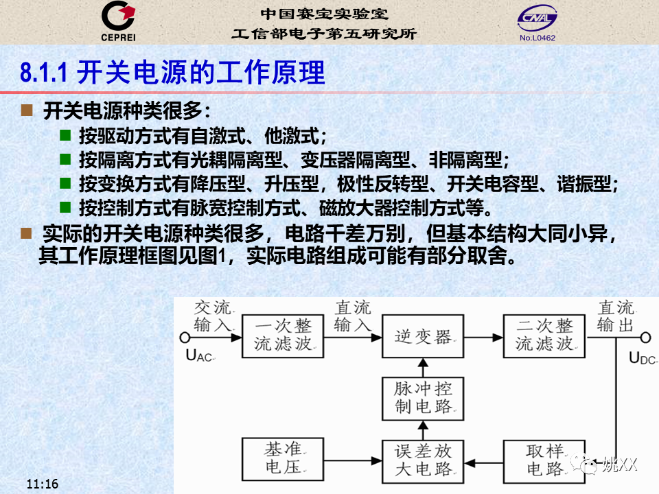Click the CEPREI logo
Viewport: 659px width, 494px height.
coord(118,21)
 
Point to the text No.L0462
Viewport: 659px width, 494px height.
coord(537,38)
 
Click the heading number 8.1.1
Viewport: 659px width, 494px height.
coord(44,72)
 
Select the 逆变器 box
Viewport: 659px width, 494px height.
coord(423,336)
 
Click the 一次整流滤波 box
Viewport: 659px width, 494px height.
coord(283,336)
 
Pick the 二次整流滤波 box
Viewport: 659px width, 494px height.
coord(544,336)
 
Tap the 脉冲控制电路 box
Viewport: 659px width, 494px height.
coord(423,399)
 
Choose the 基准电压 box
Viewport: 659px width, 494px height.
coord(283,459)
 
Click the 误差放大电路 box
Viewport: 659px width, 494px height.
coord(423,462)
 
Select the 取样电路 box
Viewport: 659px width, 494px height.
coord(544,462)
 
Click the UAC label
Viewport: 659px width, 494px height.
coord(200,356)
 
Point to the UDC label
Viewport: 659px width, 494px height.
coord(643,358)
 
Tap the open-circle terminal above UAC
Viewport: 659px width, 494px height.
coord(185,338)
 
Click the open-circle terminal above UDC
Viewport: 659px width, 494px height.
coord(645,338)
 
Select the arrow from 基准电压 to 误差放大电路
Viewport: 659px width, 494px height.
coord(353,461)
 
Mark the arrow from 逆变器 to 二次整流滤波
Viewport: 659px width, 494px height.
coord(483,338)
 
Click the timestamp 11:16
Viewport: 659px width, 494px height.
coord(43,484)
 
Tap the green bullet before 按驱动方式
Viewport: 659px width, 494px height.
coord(65,135)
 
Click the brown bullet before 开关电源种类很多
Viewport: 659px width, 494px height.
coord(27,110)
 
